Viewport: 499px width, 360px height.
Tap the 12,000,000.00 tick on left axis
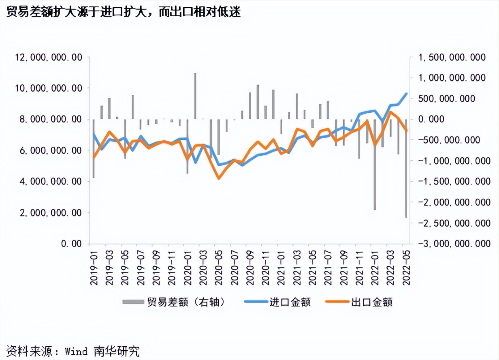(48, 57)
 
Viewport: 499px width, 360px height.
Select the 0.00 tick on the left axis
(73, 244)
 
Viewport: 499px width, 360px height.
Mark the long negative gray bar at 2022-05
(406, 170)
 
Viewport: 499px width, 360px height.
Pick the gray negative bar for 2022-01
(375, 166)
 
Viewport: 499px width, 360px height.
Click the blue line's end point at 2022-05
(406, 93)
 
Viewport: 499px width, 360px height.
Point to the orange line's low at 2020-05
(219, 178)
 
